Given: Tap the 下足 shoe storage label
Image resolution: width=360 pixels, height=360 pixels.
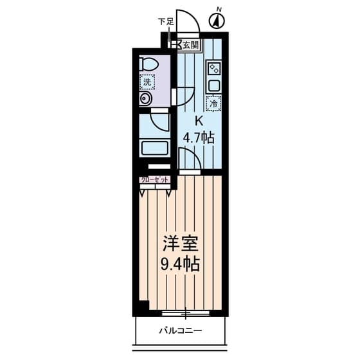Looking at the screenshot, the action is (x=166, y=22).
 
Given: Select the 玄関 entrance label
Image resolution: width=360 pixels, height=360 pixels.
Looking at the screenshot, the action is (x=190, y=45).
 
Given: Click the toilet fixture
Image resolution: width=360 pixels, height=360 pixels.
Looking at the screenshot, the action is (x=148, y=64).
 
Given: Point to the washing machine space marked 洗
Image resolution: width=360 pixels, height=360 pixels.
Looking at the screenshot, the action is (x=147, y=82).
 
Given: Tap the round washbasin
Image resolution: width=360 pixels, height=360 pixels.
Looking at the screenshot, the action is (x=145, y=99).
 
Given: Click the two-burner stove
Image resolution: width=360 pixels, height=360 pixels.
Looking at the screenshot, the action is (x=214, y=68).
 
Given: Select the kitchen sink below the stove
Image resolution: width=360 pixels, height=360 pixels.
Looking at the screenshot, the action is (x=214, y=85).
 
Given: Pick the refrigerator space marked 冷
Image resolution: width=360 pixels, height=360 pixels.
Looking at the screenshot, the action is (x=213, y=104).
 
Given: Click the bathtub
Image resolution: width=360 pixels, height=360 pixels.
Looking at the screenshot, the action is (x=155, y=148).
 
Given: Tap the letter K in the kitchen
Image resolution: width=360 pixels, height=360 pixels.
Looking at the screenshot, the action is (x=199, y=121).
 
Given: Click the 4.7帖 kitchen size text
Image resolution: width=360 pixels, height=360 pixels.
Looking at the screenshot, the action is (x=199, y=138).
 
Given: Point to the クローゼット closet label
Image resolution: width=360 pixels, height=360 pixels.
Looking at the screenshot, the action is (x=154, y=180).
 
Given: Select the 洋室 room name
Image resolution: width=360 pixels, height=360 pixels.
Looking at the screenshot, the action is (x=180, y=244).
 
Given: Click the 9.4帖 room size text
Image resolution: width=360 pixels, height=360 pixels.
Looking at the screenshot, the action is (x=180, y=264).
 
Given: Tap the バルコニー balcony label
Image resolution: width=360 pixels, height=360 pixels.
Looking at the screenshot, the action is (x=181, y=330).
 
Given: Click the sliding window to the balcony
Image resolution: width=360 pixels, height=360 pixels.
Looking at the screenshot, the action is (x=186, y=313).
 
